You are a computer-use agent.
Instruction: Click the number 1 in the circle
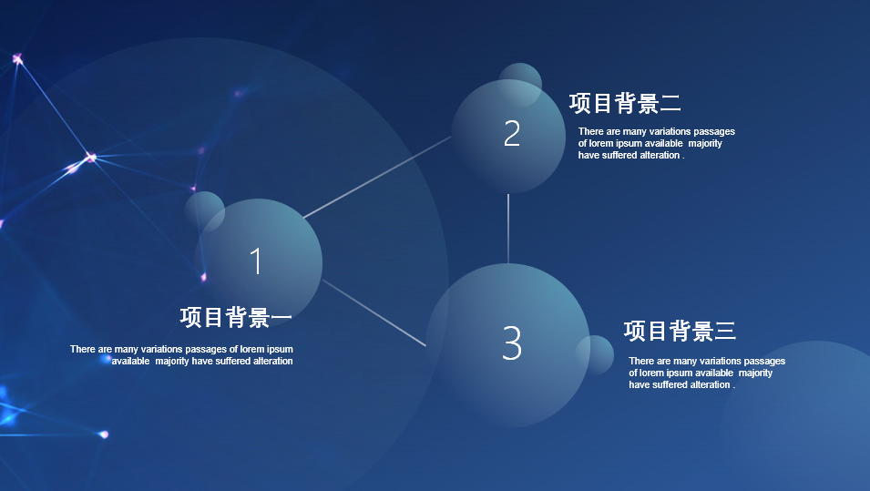[x=256, y=261]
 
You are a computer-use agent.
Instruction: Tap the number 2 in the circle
[x=512, y=134]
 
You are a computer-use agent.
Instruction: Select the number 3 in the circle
[x=512, y=343]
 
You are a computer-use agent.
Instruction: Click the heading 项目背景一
[x=236, y=317]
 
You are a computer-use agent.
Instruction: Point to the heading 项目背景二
[x=625, y=104]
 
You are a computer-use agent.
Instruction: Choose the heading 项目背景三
[x=680, y=332]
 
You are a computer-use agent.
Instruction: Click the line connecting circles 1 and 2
[x=377, y=177]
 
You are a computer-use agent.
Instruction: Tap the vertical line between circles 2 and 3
[x=508, y=229]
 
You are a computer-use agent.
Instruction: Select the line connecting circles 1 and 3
[x=374, y=312]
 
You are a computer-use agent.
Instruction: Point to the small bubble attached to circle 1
[x=204, y=211]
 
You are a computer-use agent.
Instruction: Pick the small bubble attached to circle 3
[x=595, y=354]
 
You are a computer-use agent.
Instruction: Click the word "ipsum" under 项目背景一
[x=279, y=349]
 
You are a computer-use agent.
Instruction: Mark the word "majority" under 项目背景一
[x=172, y=361]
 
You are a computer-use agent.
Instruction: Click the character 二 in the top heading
[x=670, y=104]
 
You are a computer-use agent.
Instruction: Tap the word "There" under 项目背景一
[x=83, y=349]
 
